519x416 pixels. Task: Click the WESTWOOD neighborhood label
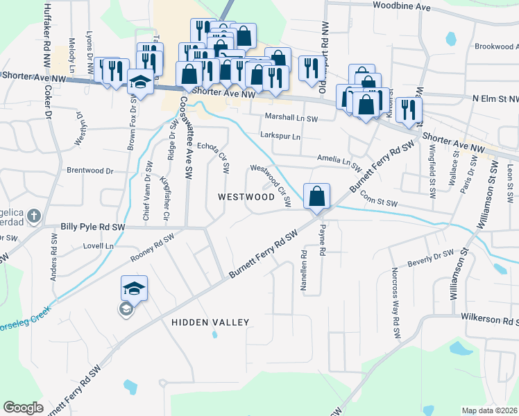point(246,197)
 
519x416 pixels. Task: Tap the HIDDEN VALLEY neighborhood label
point(210,322)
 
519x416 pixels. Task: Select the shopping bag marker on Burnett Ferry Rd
point(316,196)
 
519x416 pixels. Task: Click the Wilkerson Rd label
point(490,322)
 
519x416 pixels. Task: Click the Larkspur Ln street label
point(280,136)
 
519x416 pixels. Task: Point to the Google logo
point(23,408)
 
